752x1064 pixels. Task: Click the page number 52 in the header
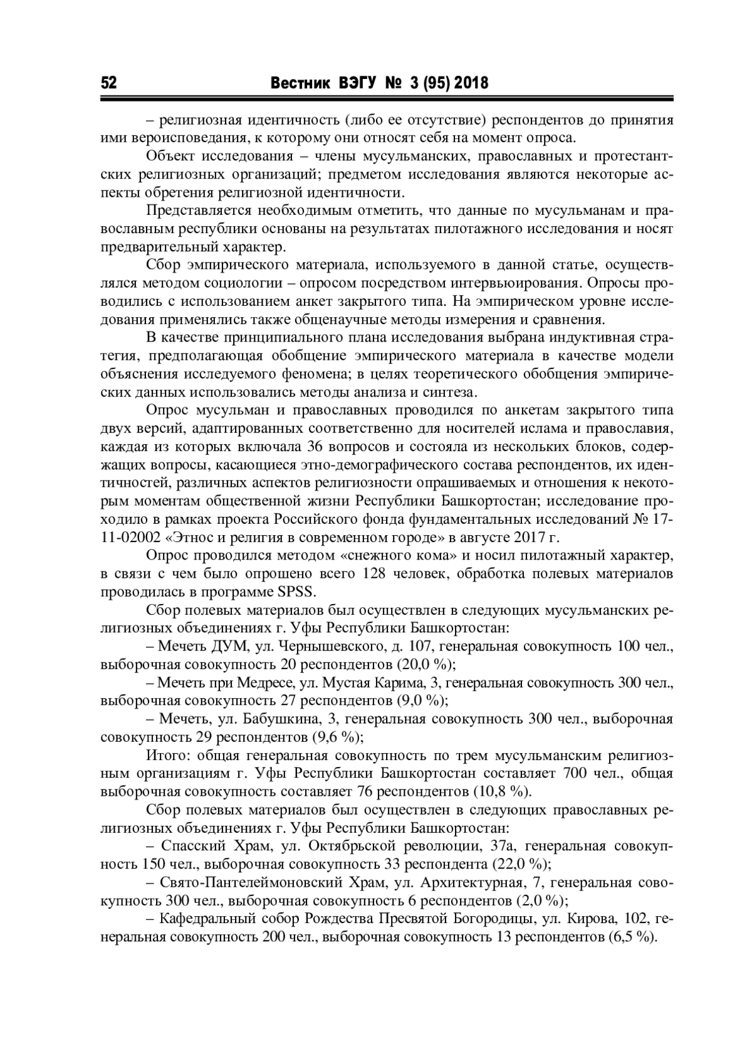point(108,83)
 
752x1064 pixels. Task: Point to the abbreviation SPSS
point(300,592)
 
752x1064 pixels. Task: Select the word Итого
point(163,755)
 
